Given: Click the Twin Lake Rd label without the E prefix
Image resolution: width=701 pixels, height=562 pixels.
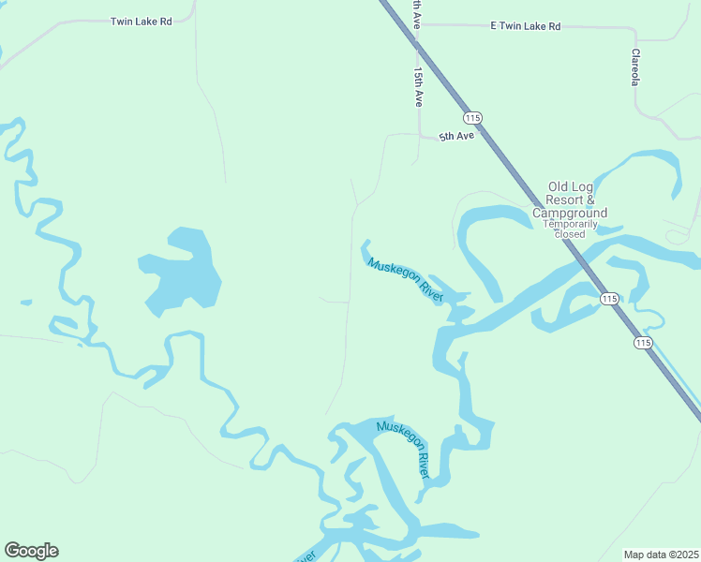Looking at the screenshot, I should click(141, 21).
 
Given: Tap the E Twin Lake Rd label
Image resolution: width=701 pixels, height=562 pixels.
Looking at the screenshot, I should click(525, 26).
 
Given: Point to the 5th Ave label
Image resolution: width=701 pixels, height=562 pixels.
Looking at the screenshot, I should click(457, 136).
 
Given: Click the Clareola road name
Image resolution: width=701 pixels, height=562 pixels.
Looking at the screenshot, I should click(634, 67).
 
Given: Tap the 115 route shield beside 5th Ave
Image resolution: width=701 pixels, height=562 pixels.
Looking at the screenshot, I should click(472, 117).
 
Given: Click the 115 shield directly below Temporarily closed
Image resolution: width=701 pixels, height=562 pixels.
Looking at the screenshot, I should click(609, 298).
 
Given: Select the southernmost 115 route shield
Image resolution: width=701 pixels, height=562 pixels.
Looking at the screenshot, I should click(642, 343).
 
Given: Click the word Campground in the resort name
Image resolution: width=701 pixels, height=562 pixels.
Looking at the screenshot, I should click(570, 213).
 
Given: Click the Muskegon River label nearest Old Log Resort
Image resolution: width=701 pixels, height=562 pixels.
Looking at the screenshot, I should click(405, 279).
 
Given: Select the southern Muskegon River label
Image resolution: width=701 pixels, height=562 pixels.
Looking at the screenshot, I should click(403, 451).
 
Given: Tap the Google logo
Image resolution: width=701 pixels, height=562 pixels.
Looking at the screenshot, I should click(31, 551).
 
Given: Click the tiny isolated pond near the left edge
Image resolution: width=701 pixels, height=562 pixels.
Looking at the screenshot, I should click(24, 303).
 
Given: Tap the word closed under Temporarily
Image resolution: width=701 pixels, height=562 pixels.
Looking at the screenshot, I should click(569, 234).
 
